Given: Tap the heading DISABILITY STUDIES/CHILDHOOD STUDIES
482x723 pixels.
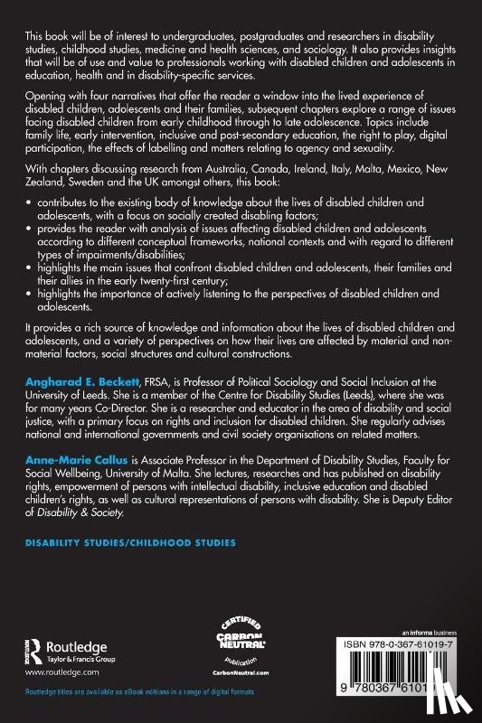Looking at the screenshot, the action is coord(120,543).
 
